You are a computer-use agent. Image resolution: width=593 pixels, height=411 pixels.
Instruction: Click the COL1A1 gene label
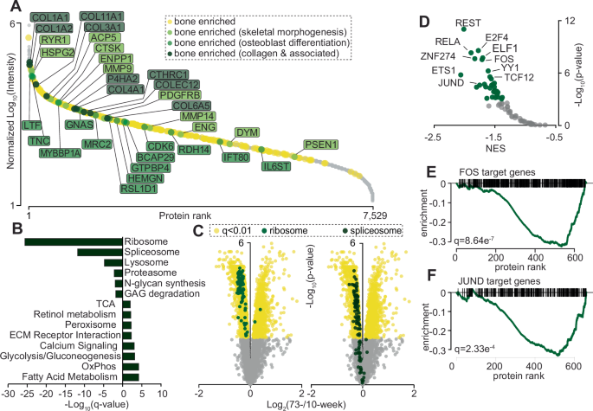pyautogui.click(x=49, y=17)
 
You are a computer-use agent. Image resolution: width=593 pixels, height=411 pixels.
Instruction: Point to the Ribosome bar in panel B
pyautogui.click(x=74, y=241)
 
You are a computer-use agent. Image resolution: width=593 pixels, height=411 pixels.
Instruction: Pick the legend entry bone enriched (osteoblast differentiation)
pyautogui.click(x=306, y=43)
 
